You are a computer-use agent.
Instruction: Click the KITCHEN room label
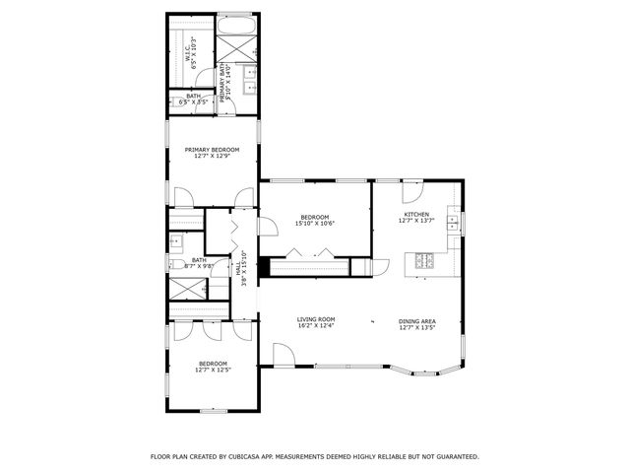pos(416,214)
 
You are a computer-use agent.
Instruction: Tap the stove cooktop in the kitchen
pos(423,261)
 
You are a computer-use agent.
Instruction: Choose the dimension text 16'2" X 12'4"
pos(316,326)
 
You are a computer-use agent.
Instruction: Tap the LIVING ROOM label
pos(316,319)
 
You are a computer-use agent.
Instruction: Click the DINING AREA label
pos(416,321)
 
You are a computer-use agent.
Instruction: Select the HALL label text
pos(237,267)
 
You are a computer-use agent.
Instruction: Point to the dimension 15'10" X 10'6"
pos(315,224)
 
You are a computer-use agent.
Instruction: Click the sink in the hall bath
pos(177,240)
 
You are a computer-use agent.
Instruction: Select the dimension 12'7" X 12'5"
pos(213,370)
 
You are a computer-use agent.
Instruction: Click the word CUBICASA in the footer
pos(258,457)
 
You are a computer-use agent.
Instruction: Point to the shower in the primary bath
pos(236,47)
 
